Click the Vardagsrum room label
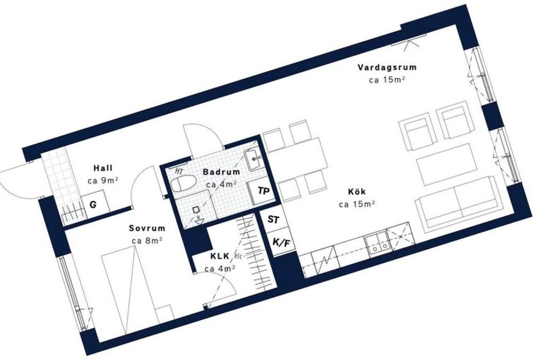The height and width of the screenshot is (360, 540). click(387, 67)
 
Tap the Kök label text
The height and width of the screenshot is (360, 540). click(357, 192)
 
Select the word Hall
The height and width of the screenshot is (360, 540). click(103, 168)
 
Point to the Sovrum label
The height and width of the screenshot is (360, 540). click(147, 228)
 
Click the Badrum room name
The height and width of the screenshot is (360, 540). click(221, 172)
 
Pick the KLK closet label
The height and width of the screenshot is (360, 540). click(220, 256)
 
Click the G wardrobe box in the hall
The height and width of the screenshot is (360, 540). click(95, 206)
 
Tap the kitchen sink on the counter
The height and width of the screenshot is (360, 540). click(378, 244)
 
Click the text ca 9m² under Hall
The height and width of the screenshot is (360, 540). click(103, 181)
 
